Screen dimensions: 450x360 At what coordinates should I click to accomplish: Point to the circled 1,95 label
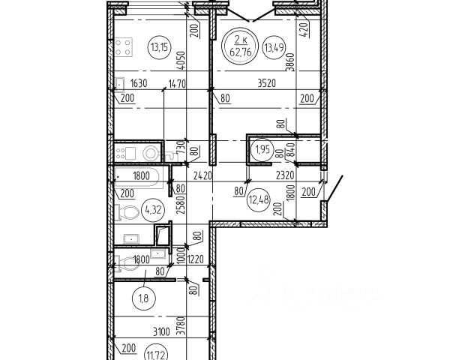coord(262,148)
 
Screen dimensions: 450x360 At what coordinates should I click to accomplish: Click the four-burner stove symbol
coord(124,46)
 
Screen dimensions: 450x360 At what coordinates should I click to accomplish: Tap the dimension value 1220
coord(196,260)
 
